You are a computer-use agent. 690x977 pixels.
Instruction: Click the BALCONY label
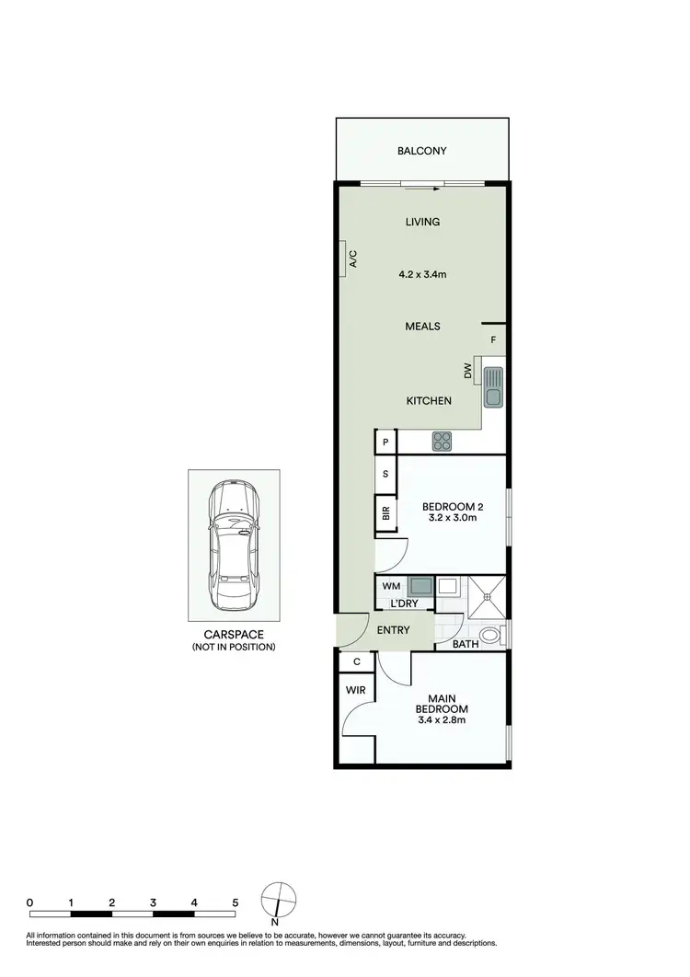click(421, 151)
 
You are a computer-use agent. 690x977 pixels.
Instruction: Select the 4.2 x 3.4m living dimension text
click(423, 274)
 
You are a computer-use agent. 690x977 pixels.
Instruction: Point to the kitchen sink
click(493, 385)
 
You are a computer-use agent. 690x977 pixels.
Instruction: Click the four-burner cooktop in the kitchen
click(443, 442)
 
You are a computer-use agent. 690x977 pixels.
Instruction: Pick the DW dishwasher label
click(467, 372)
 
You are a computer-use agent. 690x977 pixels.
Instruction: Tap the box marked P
click(385, 443)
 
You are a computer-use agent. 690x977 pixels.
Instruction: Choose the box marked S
click(385, 475)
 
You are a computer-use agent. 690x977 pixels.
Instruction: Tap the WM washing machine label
click(390, 585)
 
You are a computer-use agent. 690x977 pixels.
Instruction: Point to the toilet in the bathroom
click(492, 636)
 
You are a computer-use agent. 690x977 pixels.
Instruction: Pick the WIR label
click(356, 689)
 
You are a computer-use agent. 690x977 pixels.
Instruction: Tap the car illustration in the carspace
click(234, 545)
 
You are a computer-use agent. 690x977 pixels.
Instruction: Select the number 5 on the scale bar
click(236, 903)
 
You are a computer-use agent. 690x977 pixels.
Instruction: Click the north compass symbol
click(279, 899)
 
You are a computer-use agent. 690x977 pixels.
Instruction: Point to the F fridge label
click(493, 340)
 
